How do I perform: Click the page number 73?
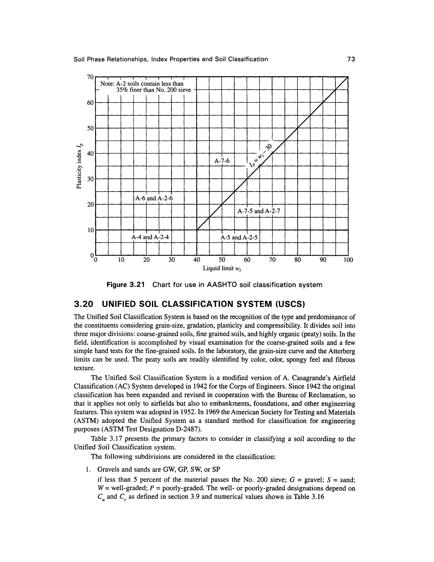[351, 59]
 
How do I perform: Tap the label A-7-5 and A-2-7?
[258, 211]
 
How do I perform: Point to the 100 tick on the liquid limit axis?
[348, 260]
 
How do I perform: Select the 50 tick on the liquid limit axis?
[222, 260]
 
